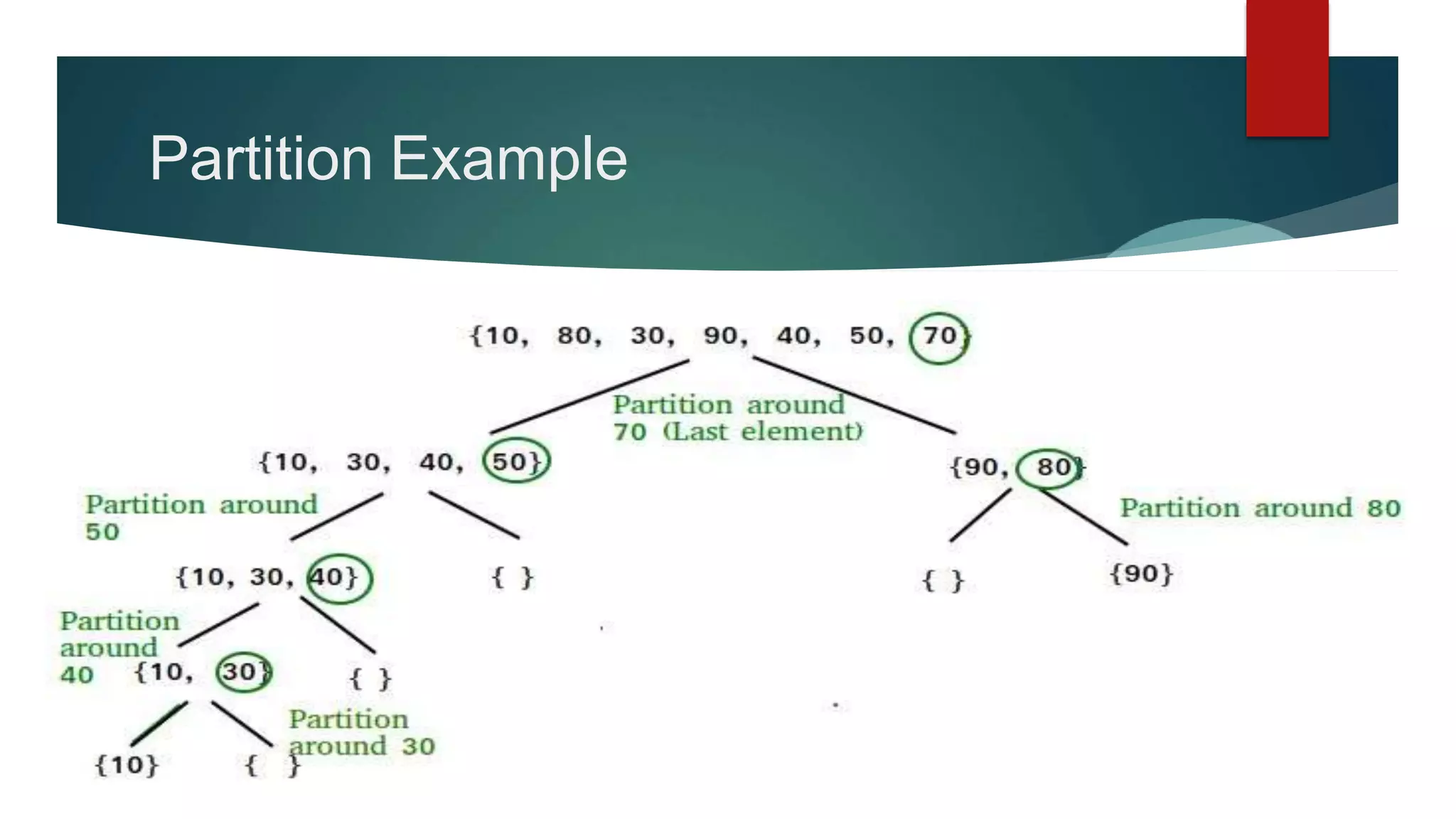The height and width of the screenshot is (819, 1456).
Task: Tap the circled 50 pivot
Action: (516, 461)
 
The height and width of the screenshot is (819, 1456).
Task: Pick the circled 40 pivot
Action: (339, 577)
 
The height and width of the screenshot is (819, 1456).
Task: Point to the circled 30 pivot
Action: (243, 672)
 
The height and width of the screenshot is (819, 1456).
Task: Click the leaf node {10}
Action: (127, 765)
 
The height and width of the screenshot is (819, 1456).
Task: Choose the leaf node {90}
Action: (1141, 574)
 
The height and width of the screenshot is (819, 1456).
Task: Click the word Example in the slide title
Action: (509, 159)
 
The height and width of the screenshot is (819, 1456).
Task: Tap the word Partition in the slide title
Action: (261, 159)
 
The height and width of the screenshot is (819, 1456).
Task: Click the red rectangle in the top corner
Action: (1287, 68)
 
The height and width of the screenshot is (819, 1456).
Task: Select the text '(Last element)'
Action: (764, 432)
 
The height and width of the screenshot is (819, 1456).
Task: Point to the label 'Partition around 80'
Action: (1260, 508)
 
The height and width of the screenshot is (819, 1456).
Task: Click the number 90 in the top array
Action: (723, 336)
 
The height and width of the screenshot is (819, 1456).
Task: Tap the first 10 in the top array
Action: (502, 336)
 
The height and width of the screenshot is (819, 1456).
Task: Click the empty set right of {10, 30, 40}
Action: (513, 577)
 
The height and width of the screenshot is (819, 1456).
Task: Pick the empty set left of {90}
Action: (943, 581)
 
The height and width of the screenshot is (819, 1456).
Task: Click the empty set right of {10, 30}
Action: (370, 679)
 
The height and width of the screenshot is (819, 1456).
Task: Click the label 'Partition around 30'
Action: (361, 732)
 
